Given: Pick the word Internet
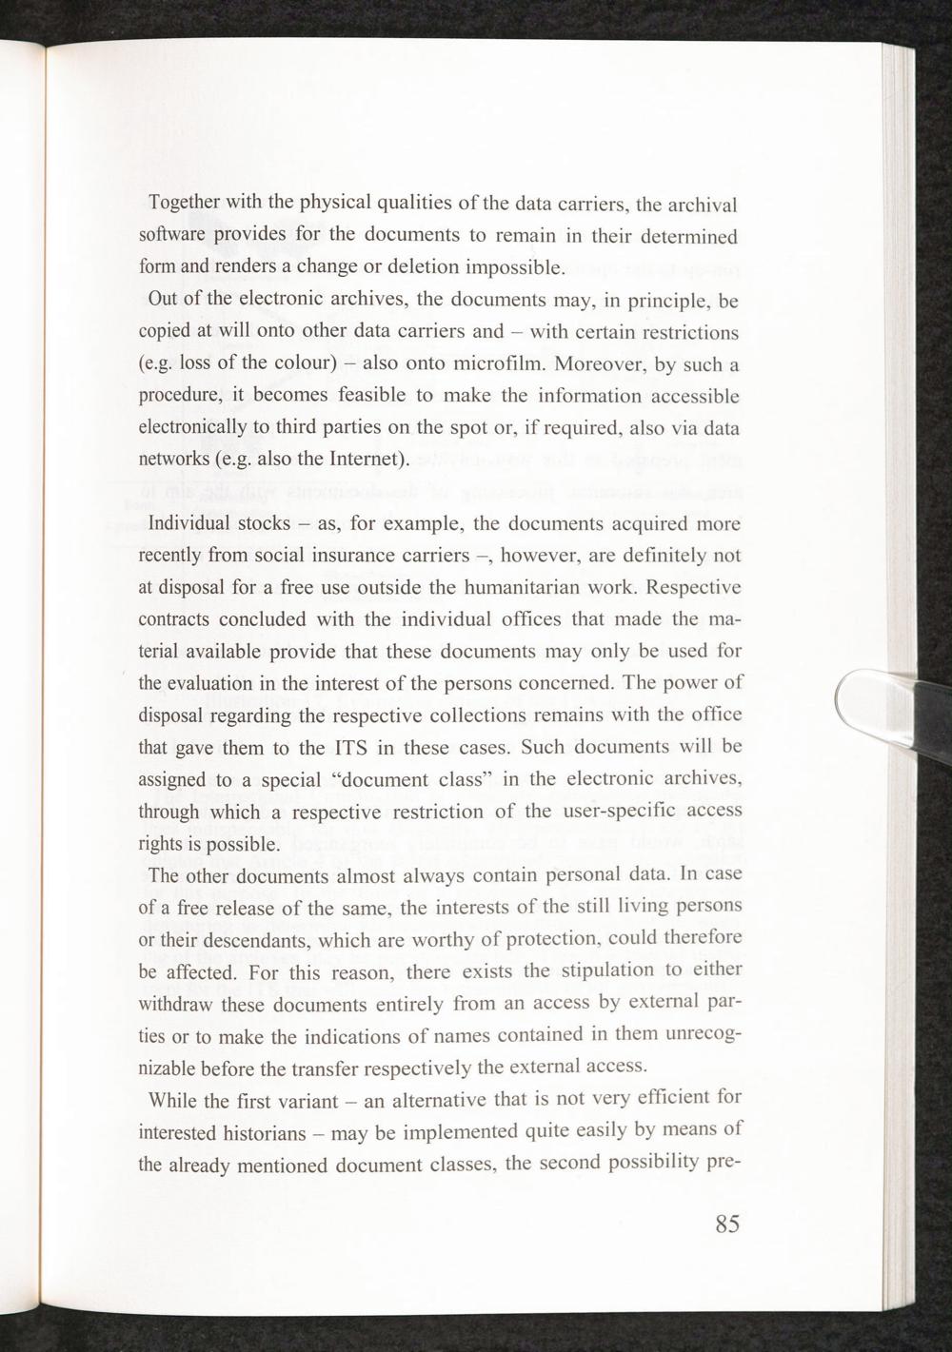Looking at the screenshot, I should coord(367,460).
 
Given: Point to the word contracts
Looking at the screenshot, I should coord(173,619).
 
